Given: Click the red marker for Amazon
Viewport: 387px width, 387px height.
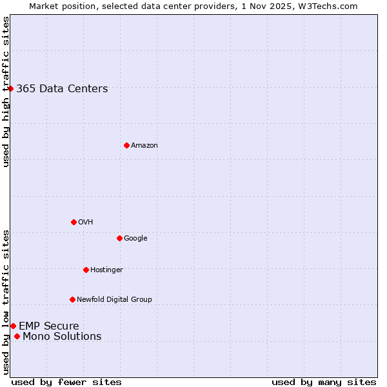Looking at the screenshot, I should coord(126,145).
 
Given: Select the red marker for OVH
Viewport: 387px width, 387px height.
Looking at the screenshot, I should coord(74,222).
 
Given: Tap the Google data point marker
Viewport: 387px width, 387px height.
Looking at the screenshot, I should coord(119,238).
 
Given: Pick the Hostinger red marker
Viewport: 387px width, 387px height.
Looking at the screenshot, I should coord(86,270).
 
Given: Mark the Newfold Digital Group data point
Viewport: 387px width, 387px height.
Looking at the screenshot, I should coord(72,299).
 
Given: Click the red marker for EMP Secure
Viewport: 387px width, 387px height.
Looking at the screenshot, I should coord(13,326).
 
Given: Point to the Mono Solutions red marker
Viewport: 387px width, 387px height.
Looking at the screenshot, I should coord(17,336).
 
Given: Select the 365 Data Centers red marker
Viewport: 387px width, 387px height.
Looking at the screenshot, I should coord(11,88).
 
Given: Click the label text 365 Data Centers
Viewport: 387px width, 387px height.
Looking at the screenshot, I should coord(62,89).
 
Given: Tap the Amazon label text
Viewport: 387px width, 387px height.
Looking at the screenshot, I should coord(144,146).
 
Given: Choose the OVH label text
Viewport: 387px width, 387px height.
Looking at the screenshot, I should coord(85,223).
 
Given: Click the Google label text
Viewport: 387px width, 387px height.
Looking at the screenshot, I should coord(135,239).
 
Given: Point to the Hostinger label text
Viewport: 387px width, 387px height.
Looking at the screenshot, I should coord(106,270).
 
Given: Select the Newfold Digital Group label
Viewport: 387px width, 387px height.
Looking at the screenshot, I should coord(114,299).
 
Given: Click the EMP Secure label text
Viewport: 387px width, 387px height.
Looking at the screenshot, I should coord(48,326).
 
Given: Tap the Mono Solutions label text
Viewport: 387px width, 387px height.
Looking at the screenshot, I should coord(62,337).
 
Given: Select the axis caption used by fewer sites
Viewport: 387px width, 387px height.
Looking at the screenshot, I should coord(66,382).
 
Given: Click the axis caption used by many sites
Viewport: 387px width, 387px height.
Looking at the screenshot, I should coord(324,382).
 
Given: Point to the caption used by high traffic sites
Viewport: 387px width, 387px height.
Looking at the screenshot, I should coord(6,92).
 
